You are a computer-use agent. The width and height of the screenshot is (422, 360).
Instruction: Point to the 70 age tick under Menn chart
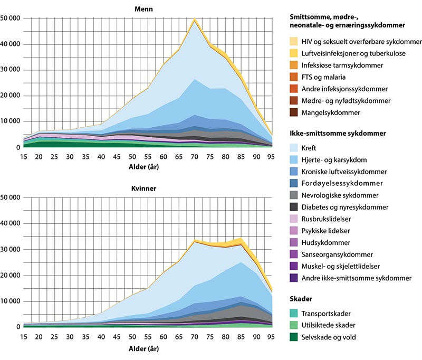click(x=195, y=157)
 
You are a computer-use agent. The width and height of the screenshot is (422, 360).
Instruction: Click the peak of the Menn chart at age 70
click(x=195, y=19)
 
